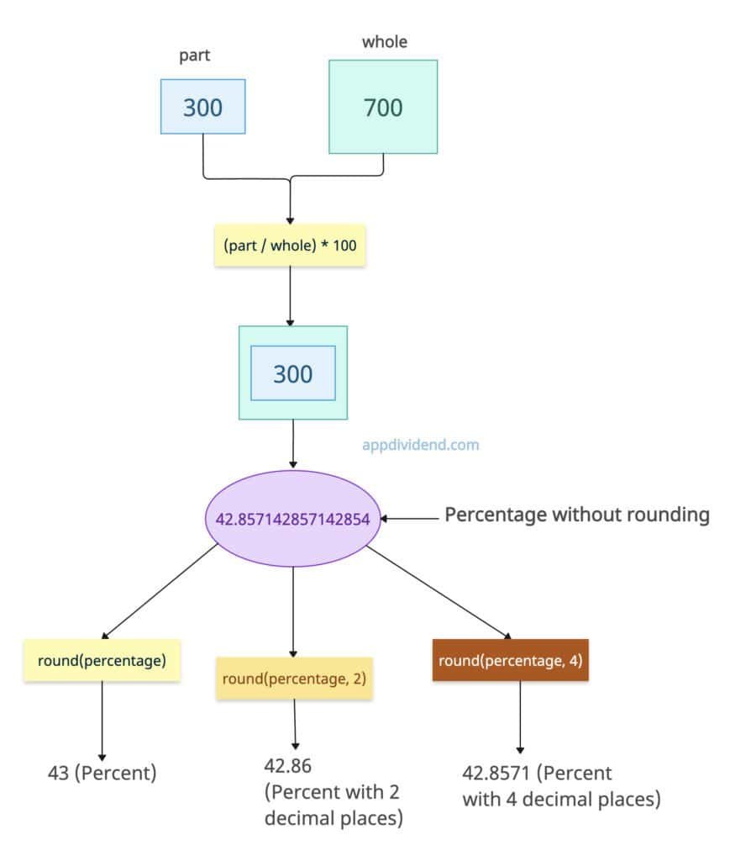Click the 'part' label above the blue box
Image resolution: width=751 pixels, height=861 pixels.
point(195,55)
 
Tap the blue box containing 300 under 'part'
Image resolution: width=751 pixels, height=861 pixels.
point(203,107)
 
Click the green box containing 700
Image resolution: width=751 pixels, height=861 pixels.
point(383,107)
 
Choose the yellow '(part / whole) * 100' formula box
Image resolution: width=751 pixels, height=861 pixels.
point(290,245)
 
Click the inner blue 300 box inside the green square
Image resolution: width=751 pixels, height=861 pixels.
point(293,373)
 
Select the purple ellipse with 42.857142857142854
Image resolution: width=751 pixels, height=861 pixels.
point(292,518)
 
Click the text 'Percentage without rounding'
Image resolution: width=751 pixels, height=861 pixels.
point(576,515)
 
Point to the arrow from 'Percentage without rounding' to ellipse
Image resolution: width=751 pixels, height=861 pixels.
point(412,519)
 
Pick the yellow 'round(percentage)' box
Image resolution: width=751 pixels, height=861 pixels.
point(102,660)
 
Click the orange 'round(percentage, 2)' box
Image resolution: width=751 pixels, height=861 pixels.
point(294,679)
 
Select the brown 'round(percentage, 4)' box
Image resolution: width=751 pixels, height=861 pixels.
point(511,660)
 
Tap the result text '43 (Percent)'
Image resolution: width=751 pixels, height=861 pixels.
point(102,773)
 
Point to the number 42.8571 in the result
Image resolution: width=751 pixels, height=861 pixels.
point(496,773)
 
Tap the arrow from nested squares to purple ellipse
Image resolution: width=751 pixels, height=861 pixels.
point(293,444)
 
